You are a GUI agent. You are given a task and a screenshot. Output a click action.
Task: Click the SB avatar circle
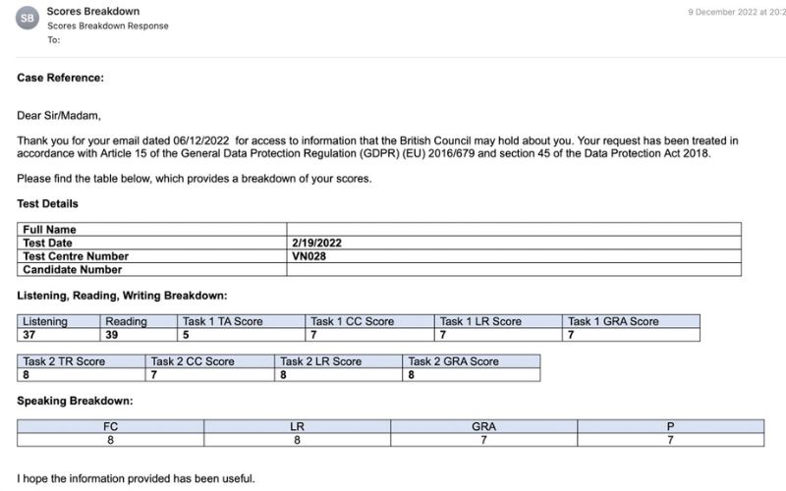tap(27, 18)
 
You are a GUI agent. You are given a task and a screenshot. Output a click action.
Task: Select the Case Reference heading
tap(60, 78)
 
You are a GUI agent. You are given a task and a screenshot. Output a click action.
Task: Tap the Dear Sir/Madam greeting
tap(59, 115)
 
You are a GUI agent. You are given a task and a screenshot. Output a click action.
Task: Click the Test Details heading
tap(48, 204)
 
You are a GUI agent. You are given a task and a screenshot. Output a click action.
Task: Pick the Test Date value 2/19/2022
tap(315, 243)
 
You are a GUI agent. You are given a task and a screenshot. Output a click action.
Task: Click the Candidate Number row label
tap(73, 270)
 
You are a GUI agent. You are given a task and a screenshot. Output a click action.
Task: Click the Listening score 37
tap(31, 335)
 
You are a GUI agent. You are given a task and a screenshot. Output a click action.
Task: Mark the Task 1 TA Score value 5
tap(186, 335)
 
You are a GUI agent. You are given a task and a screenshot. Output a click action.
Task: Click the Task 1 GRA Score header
tap(613, 321)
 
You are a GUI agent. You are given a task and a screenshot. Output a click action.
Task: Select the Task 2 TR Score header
tap(64, 361)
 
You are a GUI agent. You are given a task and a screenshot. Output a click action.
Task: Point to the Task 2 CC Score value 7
tap(154, 375)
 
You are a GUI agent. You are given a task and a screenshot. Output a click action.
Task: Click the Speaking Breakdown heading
tap(75, 402)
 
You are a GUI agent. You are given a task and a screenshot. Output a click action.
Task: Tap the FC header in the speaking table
tap(110, 427)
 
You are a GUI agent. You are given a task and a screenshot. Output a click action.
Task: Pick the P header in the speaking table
tap(670, 427)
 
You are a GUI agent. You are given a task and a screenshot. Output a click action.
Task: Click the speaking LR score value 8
tap(297, 441)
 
